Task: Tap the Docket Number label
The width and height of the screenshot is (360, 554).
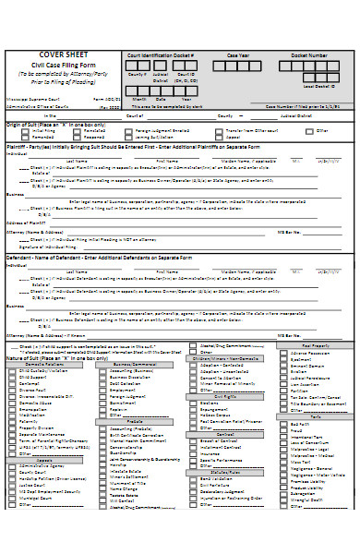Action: pyautogui.click(x=308, y=54)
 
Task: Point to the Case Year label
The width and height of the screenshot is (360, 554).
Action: pyautogui.click(x=237, y=54)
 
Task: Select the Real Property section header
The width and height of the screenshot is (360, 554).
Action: pyautogui.click(x=316, y=346)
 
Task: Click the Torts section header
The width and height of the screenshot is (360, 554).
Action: pyautogui.click(x=316, y=416)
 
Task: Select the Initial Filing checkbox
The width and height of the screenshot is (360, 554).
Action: pyautogui.click(x=28, y=130)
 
